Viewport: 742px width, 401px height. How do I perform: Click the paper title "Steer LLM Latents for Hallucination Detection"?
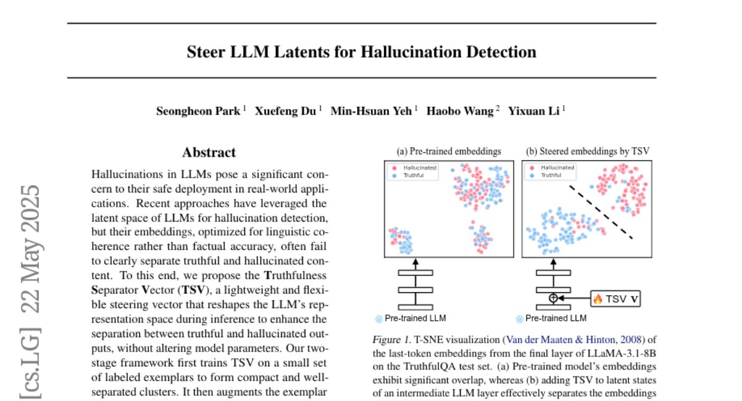click(362, 51)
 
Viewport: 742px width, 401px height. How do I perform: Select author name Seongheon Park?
click(197, 111)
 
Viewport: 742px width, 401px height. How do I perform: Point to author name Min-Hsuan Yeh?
click(371, 111)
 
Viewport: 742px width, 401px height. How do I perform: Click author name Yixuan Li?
click(534, 111)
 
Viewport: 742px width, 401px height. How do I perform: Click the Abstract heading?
click(209, 152)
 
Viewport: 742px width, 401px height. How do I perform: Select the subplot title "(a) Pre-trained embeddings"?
click(448, 150)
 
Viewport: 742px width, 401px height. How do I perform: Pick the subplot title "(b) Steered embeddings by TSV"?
click(587, 150)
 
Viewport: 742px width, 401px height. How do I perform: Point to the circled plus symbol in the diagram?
click(553, 298)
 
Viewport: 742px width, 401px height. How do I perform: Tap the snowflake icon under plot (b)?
click(519, 319)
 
